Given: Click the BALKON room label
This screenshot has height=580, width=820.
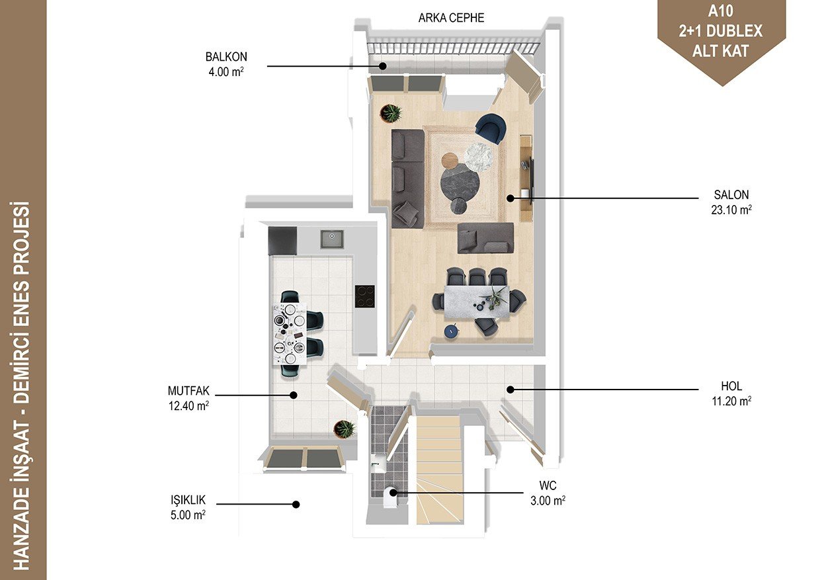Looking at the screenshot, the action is [x=226, y=57].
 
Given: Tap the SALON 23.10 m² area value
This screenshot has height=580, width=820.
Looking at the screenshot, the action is [x=731, y=210].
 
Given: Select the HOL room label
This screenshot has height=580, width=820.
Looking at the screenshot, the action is [x=731, y=386].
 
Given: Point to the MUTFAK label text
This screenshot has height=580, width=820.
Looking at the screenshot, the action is [x=188, y=391].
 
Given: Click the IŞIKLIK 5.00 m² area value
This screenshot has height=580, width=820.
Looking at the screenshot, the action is [x=188, y=515].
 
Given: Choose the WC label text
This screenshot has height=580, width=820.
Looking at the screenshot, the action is [x=548, y=485].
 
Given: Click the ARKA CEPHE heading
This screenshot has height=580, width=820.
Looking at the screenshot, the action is [x=451, y=18].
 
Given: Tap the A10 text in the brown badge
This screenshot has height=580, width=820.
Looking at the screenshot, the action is [x=720, y=11].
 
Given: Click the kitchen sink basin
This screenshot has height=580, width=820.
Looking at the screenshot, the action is [x=332, y=239].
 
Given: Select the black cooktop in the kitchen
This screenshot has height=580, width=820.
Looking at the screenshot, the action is [x=364, y=296].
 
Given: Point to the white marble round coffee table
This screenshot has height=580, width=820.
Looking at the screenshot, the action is [x=479, y=157].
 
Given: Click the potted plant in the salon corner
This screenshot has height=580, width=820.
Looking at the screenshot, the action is [x=391, y=113].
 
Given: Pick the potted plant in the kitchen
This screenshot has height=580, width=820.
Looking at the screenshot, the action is [x=345, y=429].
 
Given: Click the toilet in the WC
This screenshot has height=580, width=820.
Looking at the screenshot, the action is [x=390, y=497].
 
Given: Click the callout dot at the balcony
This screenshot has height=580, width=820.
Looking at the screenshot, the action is [x=382, y=66].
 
